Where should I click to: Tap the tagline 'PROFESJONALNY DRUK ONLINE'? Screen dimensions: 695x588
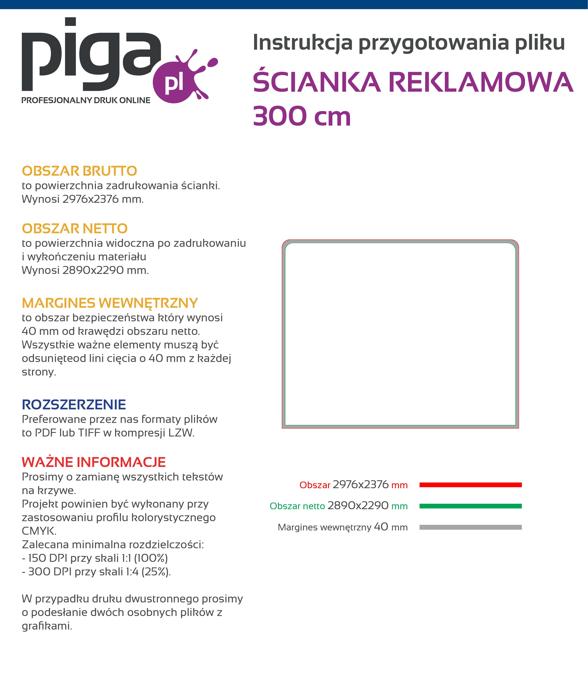click(86, 100)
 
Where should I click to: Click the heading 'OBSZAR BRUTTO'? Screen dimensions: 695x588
click(79, 171)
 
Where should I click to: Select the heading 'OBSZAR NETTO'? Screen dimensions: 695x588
click(75, 229)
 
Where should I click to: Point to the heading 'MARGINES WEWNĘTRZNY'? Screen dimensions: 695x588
click(110, 303)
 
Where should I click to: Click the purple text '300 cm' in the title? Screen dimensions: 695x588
click(302, 117)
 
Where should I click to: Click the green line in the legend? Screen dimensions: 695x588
click(470, 506)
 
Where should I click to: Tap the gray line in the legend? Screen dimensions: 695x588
click(470, 527)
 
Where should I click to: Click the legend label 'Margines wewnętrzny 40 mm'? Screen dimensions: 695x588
click(342, 527)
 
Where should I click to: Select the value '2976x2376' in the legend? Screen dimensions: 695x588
click(360, 485)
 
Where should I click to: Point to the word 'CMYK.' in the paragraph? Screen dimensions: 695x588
click(39, 531)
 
